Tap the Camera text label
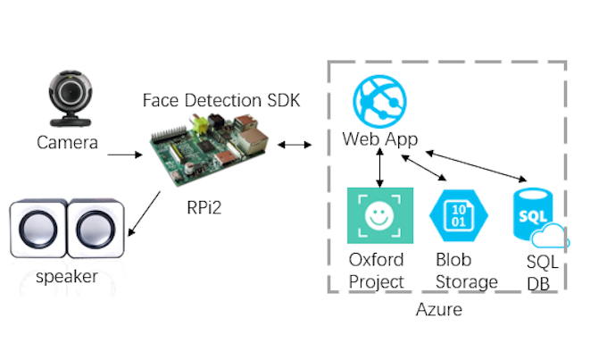coord(67,142)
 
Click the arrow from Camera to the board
coord(124,155)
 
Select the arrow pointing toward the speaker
coord(145,214)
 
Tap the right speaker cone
coord(92,230)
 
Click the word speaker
coord(67,277)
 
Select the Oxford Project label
coord(376,271)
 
